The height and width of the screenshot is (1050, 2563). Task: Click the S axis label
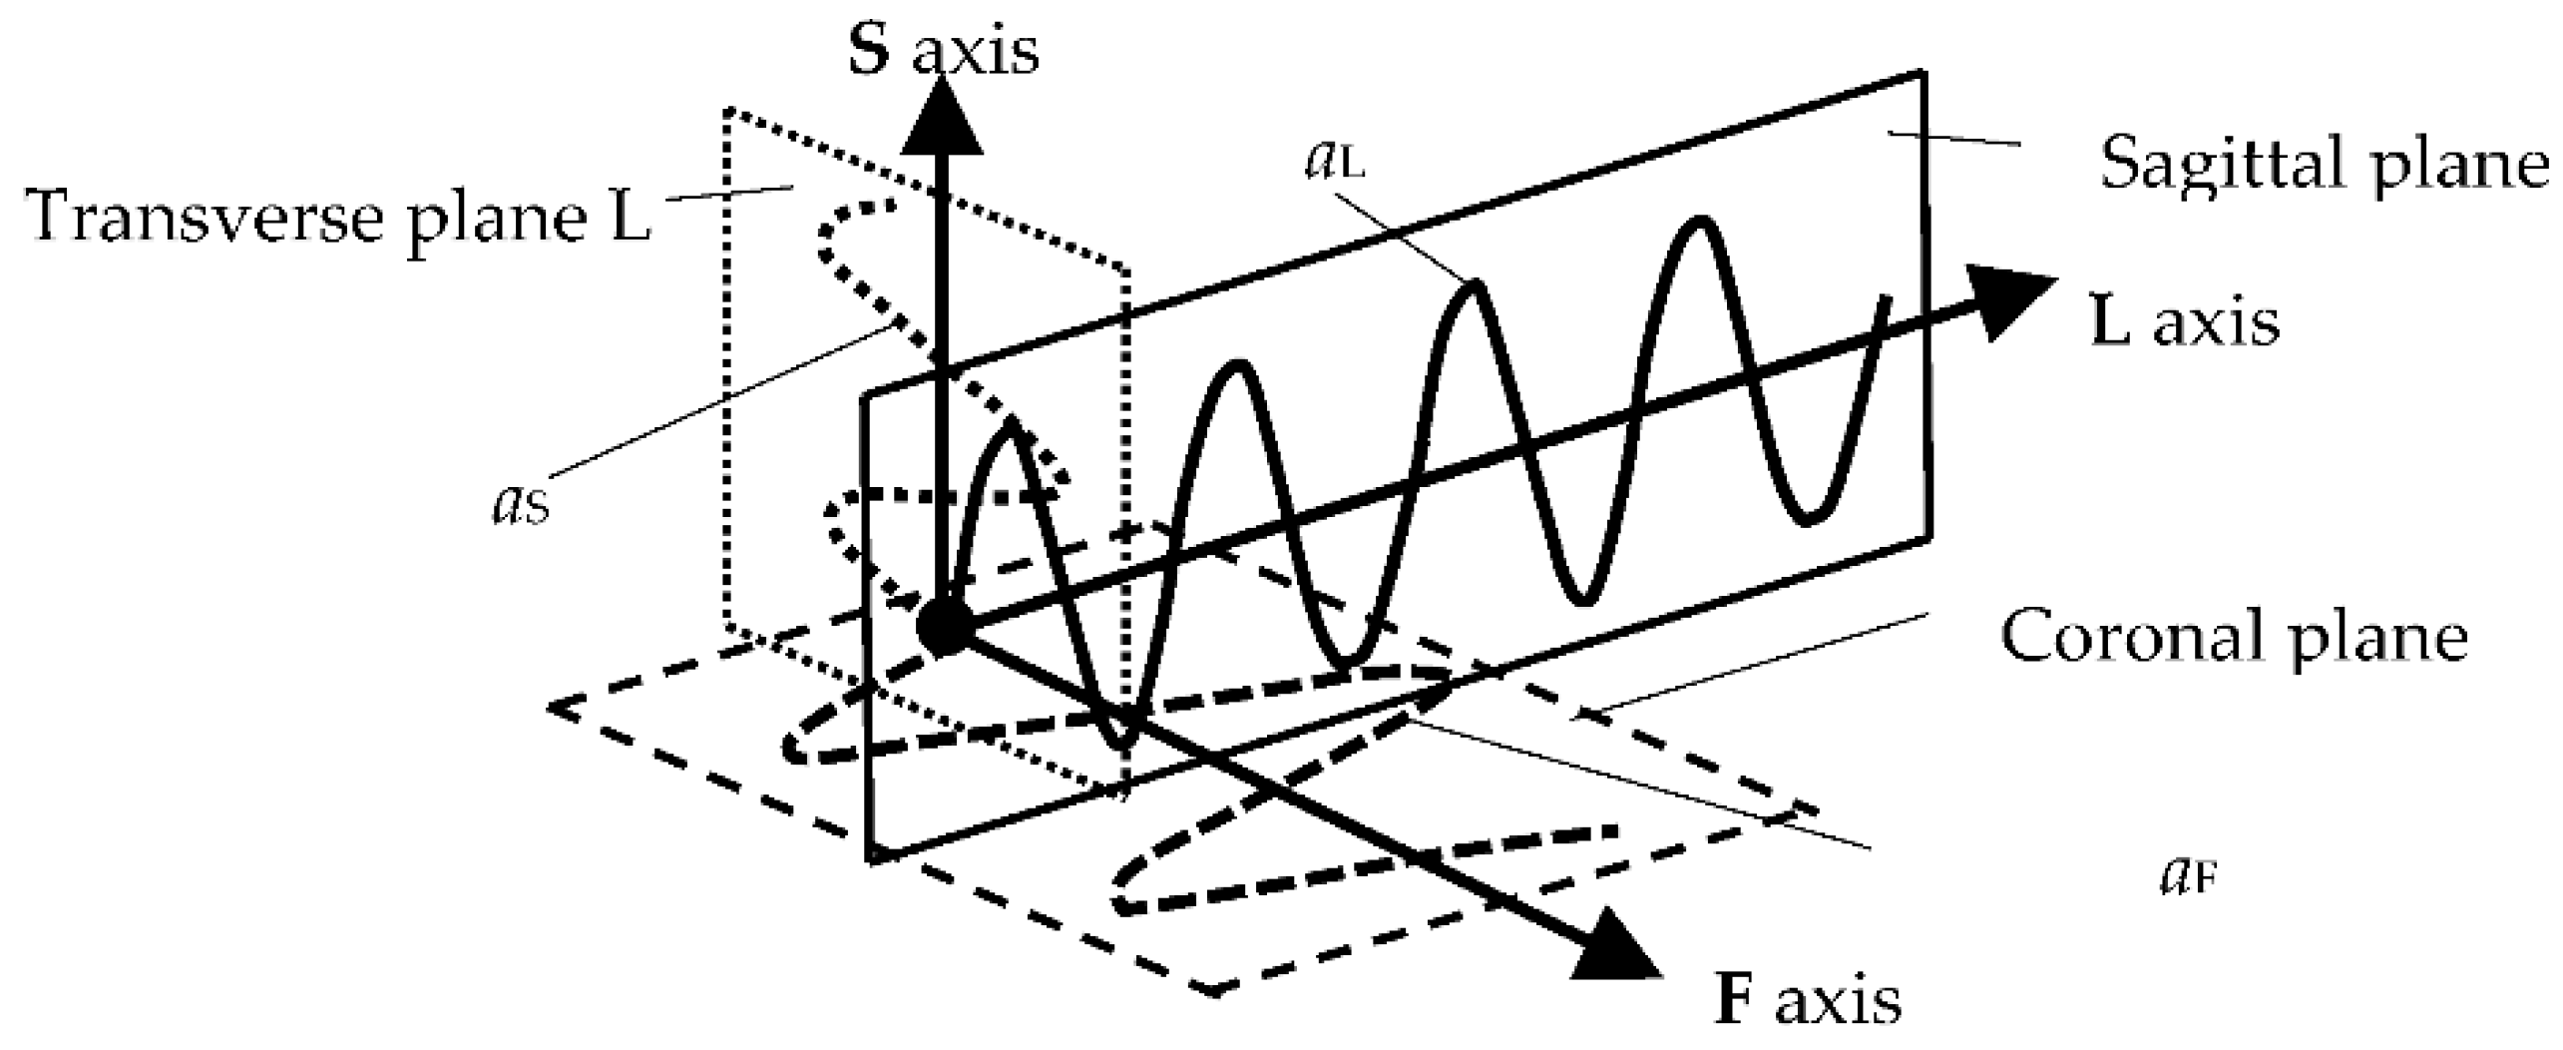(x=943, y=50)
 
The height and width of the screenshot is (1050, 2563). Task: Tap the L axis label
(x=2185, y=321)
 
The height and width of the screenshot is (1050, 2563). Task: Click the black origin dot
(x=943, y=627)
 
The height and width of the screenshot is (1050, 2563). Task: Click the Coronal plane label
(x=2235, y=636)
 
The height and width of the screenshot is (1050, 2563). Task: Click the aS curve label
(x=521, y=504)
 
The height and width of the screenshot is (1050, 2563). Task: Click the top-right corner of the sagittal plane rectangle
(x=1922, y=73)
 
